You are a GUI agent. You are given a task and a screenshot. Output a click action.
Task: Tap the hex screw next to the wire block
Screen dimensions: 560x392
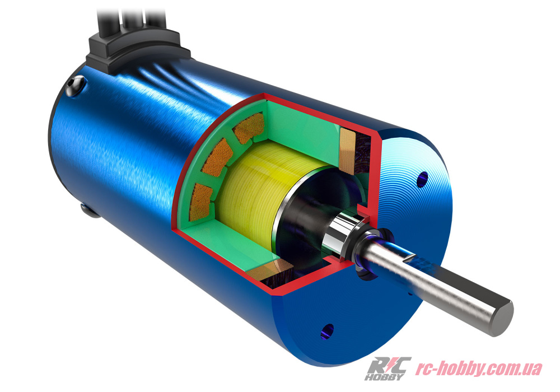[76, 86]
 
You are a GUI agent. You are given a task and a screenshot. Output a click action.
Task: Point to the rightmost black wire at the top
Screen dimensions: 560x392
[155, 20]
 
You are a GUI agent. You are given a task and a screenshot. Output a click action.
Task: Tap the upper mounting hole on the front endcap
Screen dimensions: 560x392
[422, 179]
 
